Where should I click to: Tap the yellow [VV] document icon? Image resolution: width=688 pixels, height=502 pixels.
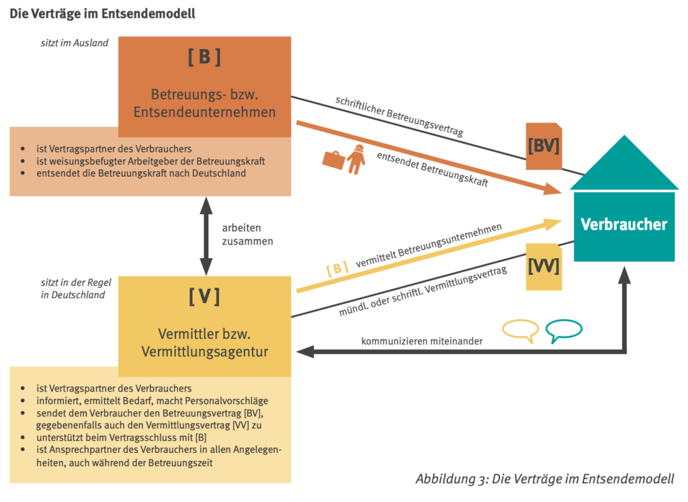click(544, 267)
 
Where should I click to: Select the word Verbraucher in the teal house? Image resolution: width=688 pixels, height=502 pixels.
click(624, 224)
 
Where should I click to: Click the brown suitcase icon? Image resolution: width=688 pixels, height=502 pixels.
click(333, 159)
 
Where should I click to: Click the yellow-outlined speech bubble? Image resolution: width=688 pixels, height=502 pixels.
click(521, 330)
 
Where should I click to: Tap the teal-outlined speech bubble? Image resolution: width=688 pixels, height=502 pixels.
click(563, 330)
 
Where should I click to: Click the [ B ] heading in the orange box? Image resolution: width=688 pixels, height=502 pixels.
click(204, 58)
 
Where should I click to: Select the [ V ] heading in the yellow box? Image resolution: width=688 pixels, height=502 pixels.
click(204, 296)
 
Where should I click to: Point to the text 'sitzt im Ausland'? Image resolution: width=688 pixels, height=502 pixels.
click(74, 44)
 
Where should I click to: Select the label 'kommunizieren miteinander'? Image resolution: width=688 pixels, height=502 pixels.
click(421, 341)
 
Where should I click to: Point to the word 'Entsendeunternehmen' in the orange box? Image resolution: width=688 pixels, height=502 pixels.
click(204, 112)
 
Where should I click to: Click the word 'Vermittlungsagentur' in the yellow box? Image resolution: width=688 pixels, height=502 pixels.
click(204, 351)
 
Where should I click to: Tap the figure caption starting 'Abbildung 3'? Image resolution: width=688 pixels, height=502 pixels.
click(544, 479)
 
